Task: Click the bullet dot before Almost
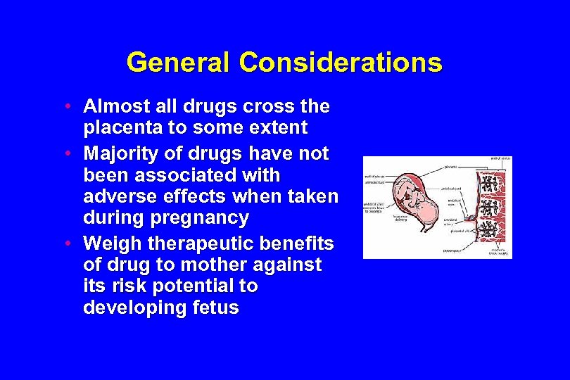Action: (65, 107)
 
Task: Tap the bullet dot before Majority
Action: (65, 153)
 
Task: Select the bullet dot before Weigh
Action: (65, 243)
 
